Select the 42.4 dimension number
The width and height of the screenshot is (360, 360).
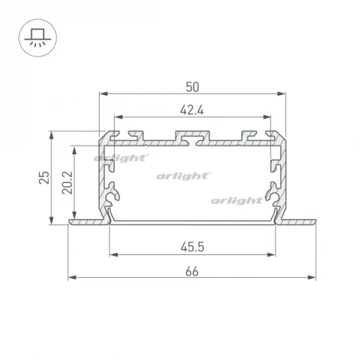click(x=192, y=108)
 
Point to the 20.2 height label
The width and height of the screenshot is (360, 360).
click(x=67, y=182)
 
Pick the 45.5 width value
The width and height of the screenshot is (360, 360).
click(x=192, y=247)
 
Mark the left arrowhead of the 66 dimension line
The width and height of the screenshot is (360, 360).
click(x=71, y=277)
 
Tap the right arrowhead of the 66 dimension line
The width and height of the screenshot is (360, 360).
click(x=314, y=277)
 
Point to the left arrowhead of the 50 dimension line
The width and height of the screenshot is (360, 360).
click(x=102, y=93)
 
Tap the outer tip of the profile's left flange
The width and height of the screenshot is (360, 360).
click(x=70, y=221)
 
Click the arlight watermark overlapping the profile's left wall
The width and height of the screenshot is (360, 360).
click(x=121, y=158)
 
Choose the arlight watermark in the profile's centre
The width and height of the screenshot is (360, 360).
click(x=184, y=175)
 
